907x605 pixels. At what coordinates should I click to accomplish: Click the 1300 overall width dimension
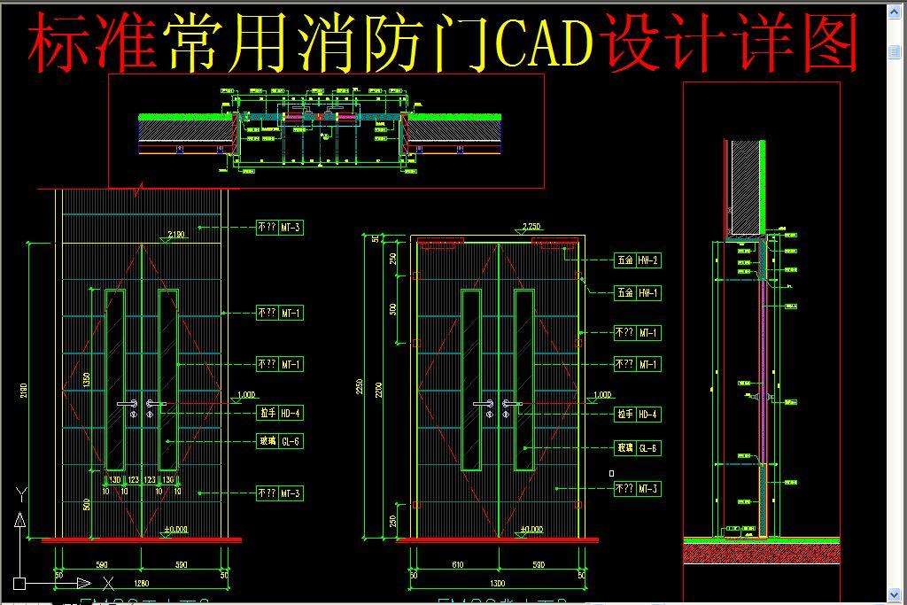(497, 584)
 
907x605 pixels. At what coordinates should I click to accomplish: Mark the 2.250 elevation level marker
(531, 227)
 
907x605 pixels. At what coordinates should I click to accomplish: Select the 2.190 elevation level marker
(175, 235)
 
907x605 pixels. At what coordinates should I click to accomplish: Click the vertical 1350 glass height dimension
(87, 379)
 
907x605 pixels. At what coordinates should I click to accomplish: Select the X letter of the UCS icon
(108, 583)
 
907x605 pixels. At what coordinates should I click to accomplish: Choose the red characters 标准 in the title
(92, 43)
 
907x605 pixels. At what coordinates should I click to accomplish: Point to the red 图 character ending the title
(831, 43)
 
